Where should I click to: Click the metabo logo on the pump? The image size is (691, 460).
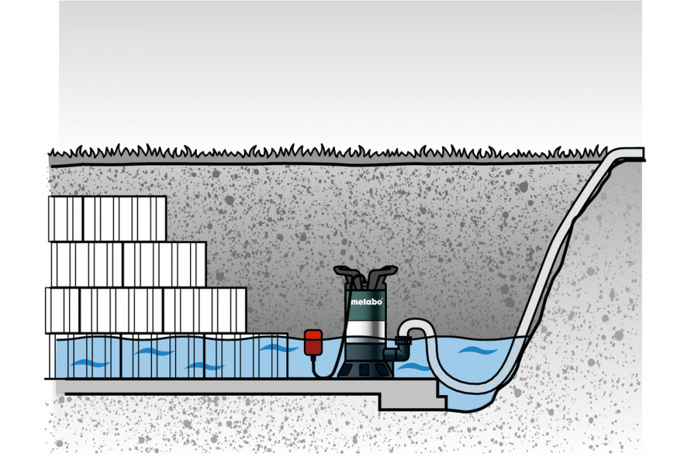pos(363,301)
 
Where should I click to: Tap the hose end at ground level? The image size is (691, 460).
pos(631,153)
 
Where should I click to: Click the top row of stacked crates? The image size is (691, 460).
pos(107,218)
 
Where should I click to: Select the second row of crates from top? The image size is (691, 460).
pos(129,264)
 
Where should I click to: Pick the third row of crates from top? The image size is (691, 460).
pos(145,310)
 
